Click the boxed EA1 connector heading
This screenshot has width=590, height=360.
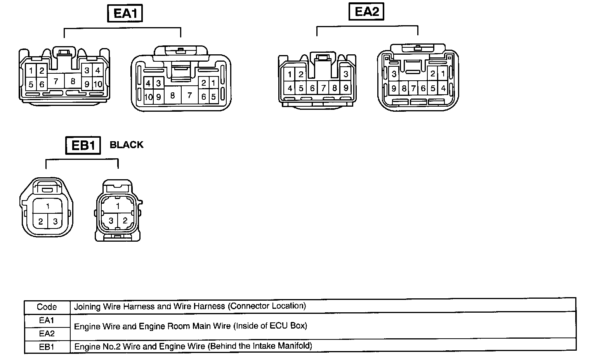(x=125, y=14)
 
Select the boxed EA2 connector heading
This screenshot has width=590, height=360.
(x=366, y=12)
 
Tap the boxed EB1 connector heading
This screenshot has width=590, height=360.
(x=83, y=145)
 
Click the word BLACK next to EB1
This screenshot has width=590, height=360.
(x=127, y=145)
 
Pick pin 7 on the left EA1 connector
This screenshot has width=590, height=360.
(x=56, y=81)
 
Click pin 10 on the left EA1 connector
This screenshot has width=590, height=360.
(x=98, y=84)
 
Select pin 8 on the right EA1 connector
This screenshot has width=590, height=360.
(x=172, y=95)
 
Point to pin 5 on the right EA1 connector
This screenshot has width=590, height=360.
(x=213, y=97)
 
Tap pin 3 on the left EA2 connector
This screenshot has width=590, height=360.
(x=345, y=74)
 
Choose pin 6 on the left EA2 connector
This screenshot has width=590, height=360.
(x=312, y=88)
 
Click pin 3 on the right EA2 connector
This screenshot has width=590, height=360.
(x=394, y=74)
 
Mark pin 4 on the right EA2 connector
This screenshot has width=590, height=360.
(x=443, y=88)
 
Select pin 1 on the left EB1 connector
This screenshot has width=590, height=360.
(x=48, y=206)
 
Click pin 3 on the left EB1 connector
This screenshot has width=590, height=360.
(x=55, y=222)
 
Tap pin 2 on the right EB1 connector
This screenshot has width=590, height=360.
(x=125, y=220)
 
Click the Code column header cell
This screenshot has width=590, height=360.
(x=47, y=307)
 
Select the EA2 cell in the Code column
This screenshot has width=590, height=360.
(x=47, y=333)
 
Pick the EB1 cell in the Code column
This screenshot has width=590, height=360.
(x=47, y=346)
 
